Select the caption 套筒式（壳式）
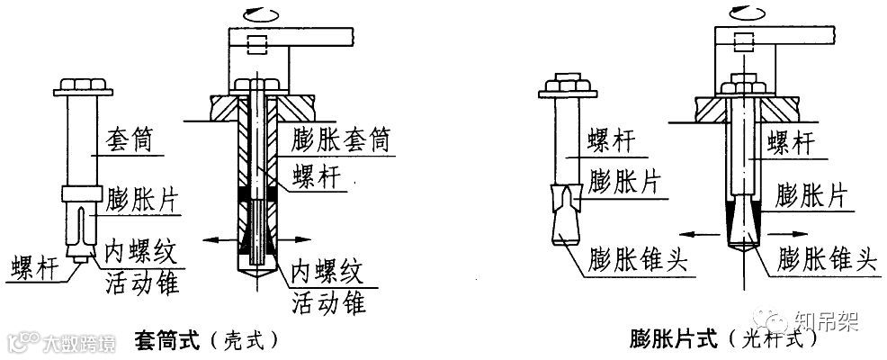tap(203, 340)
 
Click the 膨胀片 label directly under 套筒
tap(143, 197)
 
